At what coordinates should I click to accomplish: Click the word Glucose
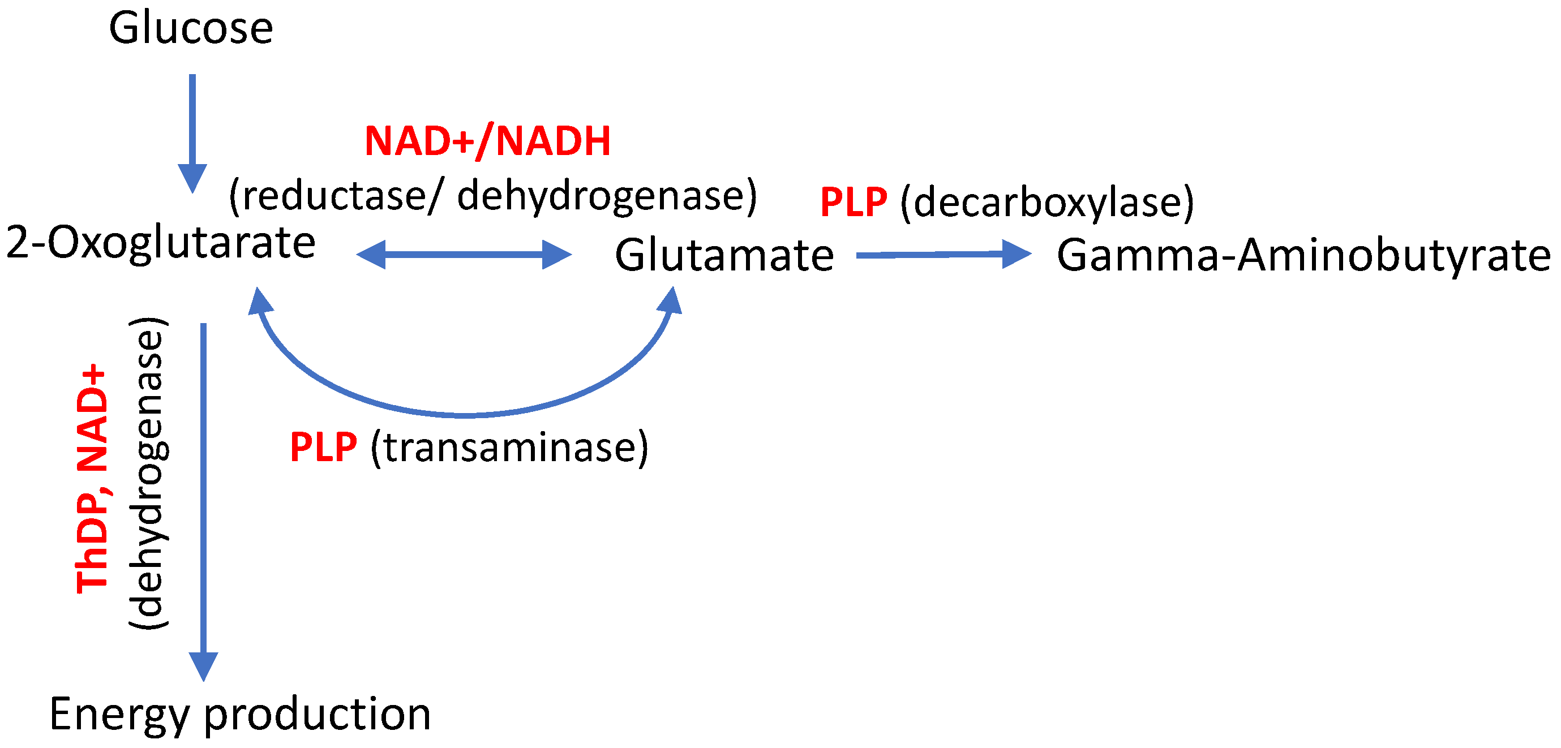(x=191, y=28)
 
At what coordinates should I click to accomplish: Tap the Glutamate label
(x=724, y=255)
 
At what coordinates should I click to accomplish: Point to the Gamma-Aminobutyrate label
(x=1303, y=255)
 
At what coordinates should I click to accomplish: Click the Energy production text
(x=240, y=714)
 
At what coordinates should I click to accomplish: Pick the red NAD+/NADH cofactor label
(x=487, y=141)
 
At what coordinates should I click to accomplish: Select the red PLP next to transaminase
(x=324, y=447)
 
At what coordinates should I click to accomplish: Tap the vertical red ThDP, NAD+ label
(x=92, y=479)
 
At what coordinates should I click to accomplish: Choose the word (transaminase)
(x=509, y=447)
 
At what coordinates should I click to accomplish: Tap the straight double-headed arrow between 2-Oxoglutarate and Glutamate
(x=464, y=255)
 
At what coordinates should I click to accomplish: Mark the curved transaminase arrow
(x=465, y=414)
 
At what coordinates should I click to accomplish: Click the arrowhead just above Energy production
(x=204, y=666)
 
